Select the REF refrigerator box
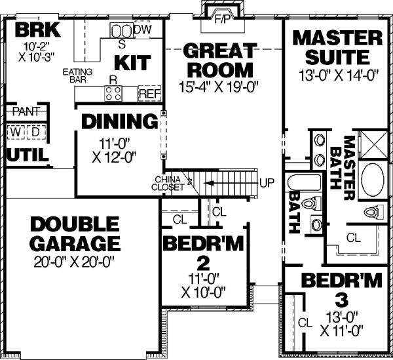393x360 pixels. point(149,94)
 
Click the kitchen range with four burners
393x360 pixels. point(113,94)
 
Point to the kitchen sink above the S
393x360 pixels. point(121,31)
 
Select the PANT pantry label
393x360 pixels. point(26,112)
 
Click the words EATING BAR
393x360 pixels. point(76,75)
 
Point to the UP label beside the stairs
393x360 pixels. point(266,182)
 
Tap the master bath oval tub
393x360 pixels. point(373,178)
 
